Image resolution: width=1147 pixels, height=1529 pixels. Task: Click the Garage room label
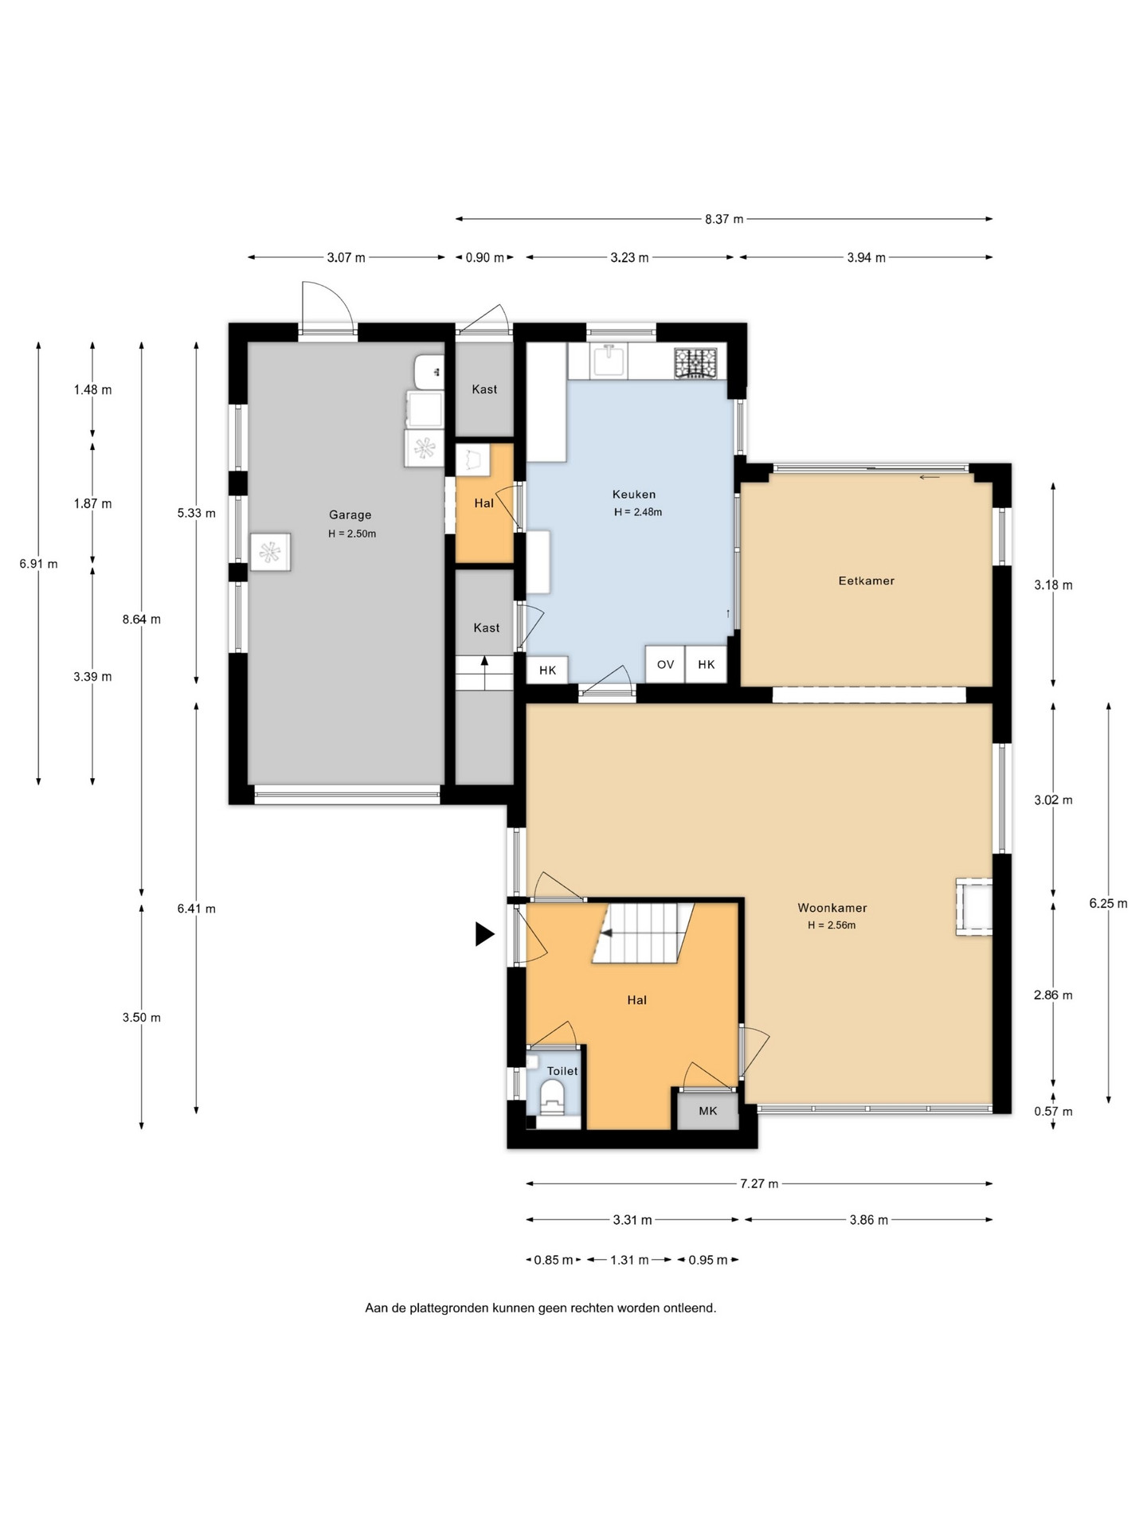[350, 515]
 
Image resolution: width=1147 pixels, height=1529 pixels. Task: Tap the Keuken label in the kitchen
[634, 495]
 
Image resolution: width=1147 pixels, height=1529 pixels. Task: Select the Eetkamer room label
[867, 581]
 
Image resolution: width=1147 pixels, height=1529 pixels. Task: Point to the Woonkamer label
[832, 908]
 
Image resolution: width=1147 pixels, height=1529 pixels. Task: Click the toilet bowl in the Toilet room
[552, 1097]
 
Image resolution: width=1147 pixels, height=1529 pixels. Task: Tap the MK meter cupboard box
[708, 1111]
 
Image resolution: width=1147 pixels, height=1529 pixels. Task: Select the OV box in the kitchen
[665, 664]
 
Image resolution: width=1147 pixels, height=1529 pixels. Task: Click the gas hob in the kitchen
[695, 363]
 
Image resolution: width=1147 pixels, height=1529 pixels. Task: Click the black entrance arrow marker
[484, 933]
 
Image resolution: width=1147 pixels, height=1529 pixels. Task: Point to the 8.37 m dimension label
[724, 219]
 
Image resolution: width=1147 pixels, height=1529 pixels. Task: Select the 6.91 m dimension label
[39, 565]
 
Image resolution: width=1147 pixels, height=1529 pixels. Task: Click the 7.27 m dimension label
[759, 1184]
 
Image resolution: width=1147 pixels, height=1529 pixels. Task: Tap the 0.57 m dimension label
[1053, 1112]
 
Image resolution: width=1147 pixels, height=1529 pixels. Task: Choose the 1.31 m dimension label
[629, 1260]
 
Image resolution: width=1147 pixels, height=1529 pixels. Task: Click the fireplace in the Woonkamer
[974, 907]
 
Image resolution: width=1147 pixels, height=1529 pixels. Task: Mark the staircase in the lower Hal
[643, 933]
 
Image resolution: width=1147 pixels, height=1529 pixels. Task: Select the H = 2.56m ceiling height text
[832, 925]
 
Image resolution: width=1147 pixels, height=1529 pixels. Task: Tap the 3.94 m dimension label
[867, 258]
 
